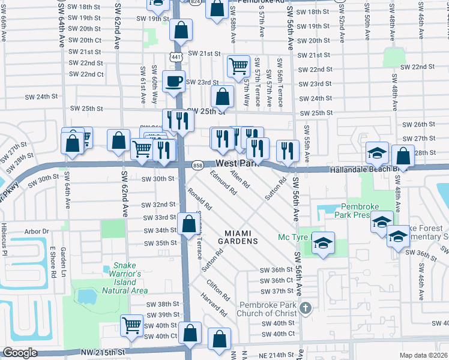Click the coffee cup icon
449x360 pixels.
pos(174,80)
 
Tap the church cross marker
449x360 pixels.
pos(306,308)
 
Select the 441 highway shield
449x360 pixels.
pos(176,57)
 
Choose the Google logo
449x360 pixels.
pos(20,353)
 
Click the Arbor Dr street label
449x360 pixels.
pos(37,231)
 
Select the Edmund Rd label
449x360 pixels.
pos(223,181)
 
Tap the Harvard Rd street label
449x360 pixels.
pos(214,305)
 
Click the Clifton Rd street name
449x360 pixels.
pos(217,289)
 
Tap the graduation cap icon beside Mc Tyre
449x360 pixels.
pos(323,243)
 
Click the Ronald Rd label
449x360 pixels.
pos(199,199)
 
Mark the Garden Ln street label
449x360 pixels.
pos(62,258)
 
